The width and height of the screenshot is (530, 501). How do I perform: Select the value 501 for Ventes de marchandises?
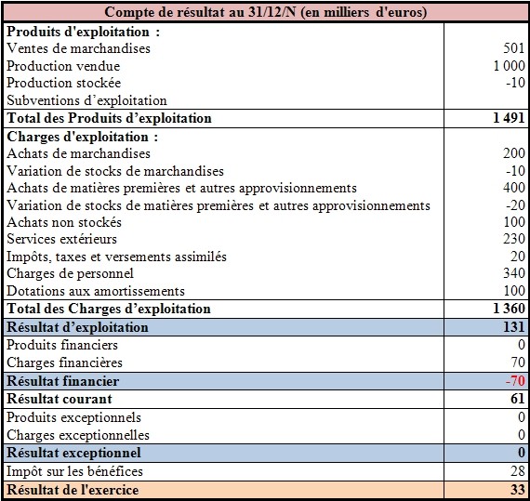(x=514, y=48)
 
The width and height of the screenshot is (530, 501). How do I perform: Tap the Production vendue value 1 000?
(x=509, y=66)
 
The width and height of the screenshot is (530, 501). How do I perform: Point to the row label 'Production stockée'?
(x=63, y=83)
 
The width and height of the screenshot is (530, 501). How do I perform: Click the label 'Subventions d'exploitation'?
(x=86, y=100)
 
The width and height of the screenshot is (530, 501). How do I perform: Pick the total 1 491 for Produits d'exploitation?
(x=509, y=118)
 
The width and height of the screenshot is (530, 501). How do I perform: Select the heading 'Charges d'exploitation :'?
(x=83, y=137)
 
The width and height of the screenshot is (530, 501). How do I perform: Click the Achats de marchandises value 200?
(x=514, y=153)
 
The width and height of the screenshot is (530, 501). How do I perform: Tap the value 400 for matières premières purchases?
(x=514, y=188)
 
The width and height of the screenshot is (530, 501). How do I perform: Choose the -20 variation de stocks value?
(x=515, y=205)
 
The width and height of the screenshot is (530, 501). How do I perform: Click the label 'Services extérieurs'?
(x=62, y=239)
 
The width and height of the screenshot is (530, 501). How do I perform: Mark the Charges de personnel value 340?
(x=514, y=273)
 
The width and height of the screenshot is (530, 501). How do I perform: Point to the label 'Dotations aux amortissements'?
(x=96, y=291)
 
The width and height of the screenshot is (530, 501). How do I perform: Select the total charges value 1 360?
(x=509, y=309)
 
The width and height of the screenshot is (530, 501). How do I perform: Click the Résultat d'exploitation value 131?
(x=514, y=327)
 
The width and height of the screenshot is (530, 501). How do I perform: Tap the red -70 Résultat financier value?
(x=515, y=381)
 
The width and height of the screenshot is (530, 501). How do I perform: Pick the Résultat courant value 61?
(x=518, y=399)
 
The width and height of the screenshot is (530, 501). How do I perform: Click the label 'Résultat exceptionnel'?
(x=73, y=453)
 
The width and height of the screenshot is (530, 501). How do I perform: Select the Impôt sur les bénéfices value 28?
(x=518, y=471)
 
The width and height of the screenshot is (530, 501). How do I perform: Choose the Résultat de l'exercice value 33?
(x=518, y=490)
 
